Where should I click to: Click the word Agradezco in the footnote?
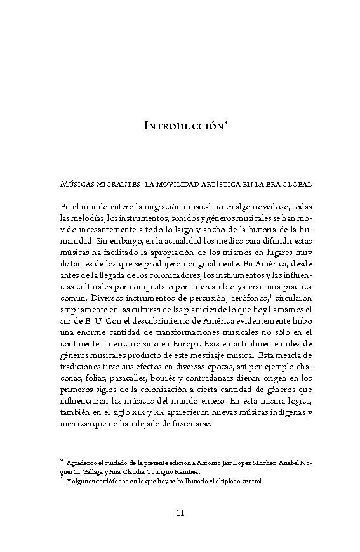tap(84, 463)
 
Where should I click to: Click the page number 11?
tap(180, 513)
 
